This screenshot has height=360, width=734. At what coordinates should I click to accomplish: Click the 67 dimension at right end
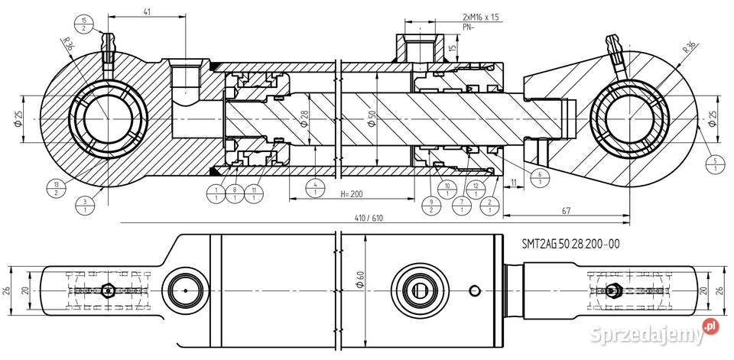click(x=567, y=210)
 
